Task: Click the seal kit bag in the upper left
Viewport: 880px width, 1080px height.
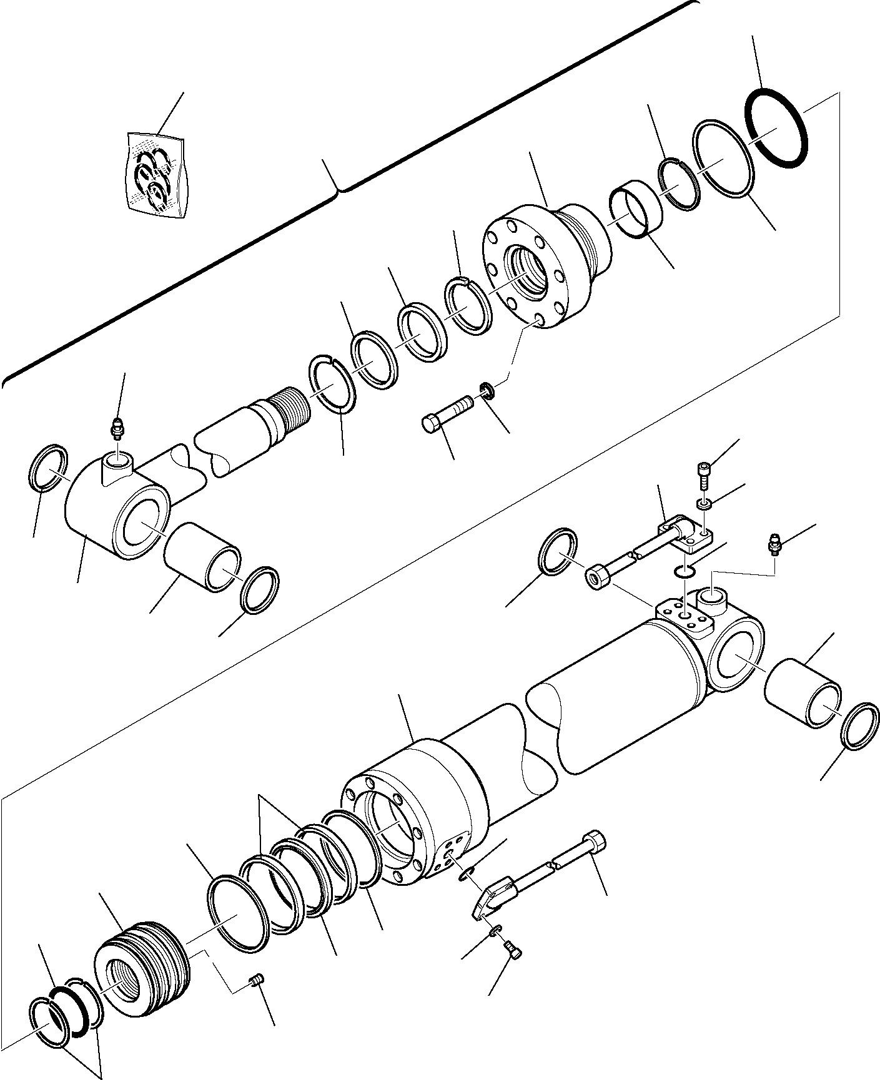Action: pyautogui.click(x=156, y=175)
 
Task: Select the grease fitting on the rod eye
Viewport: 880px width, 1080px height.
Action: pyautogui.click(x=116, y=429)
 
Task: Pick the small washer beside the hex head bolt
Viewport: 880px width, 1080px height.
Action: pyautogui.click(x=488, y=392)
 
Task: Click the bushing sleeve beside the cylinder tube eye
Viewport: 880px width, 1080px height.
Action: pyautogui.click(x=803, y=694)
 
